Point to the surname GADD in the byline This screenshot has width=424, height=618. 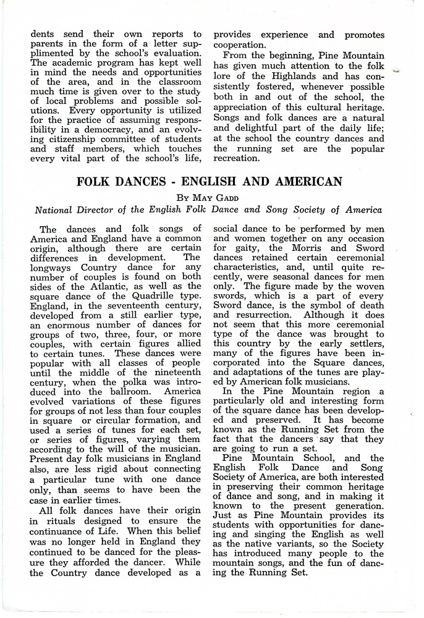coord(232,199)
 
